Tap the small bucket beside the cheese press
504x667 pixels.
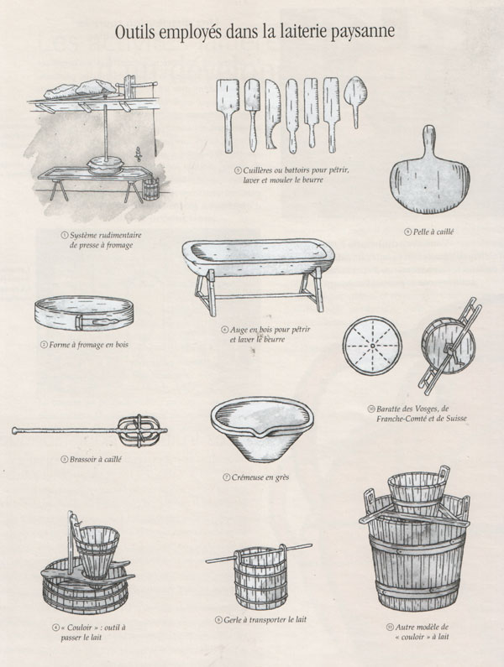click(150, 189)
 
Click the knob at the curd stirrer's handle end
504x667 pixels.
click(16, 431)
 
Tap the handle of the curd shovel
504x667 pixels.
click(428, 139)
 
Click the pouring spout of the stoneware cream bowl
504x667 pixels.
click(257, 434)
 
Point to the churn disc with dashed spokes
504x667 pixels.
click(372, 346)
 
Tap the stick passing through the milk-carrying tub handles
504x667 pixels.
click(259, 553)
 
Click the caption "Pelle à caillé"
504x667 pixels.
click(429, 232)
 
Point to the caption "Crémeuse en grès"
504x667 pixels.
click(256, 477)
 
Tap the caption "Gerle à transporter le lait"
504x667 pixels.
click(260, 620)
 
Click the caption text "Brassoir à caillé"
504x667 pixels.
click(92, 460)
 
